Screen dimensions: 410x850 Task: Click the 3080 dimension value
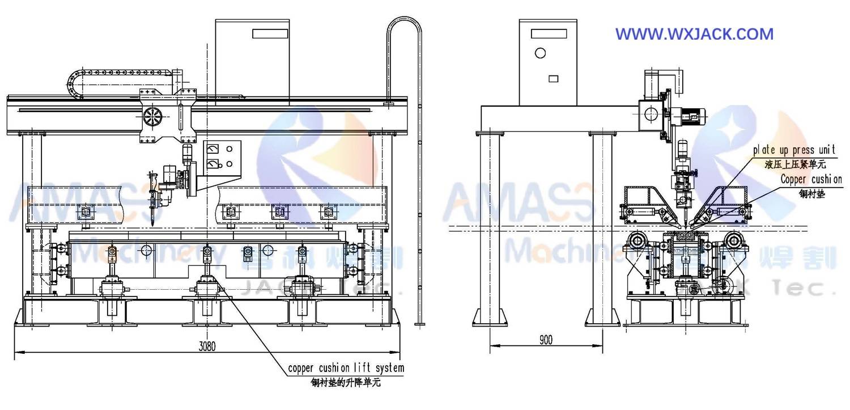tap(208, 345)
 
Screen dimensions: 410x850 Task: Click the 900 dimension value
tap(546, 340)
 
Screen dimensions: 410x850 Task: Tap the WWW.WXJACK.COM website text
tap(694, 34)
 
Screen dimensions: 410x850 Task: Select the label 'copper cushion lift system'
tap(346, 368)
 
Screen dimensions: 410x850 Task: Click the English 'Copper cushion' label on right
tap(810, 180)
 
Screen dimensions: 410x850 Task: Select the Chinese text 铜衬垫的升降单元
tap(346, 382)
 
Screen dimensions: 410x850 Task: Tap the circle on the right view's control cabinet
tap(540, 53)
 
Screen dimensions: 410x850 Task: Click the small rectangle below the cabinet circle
tap(554, 79)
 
